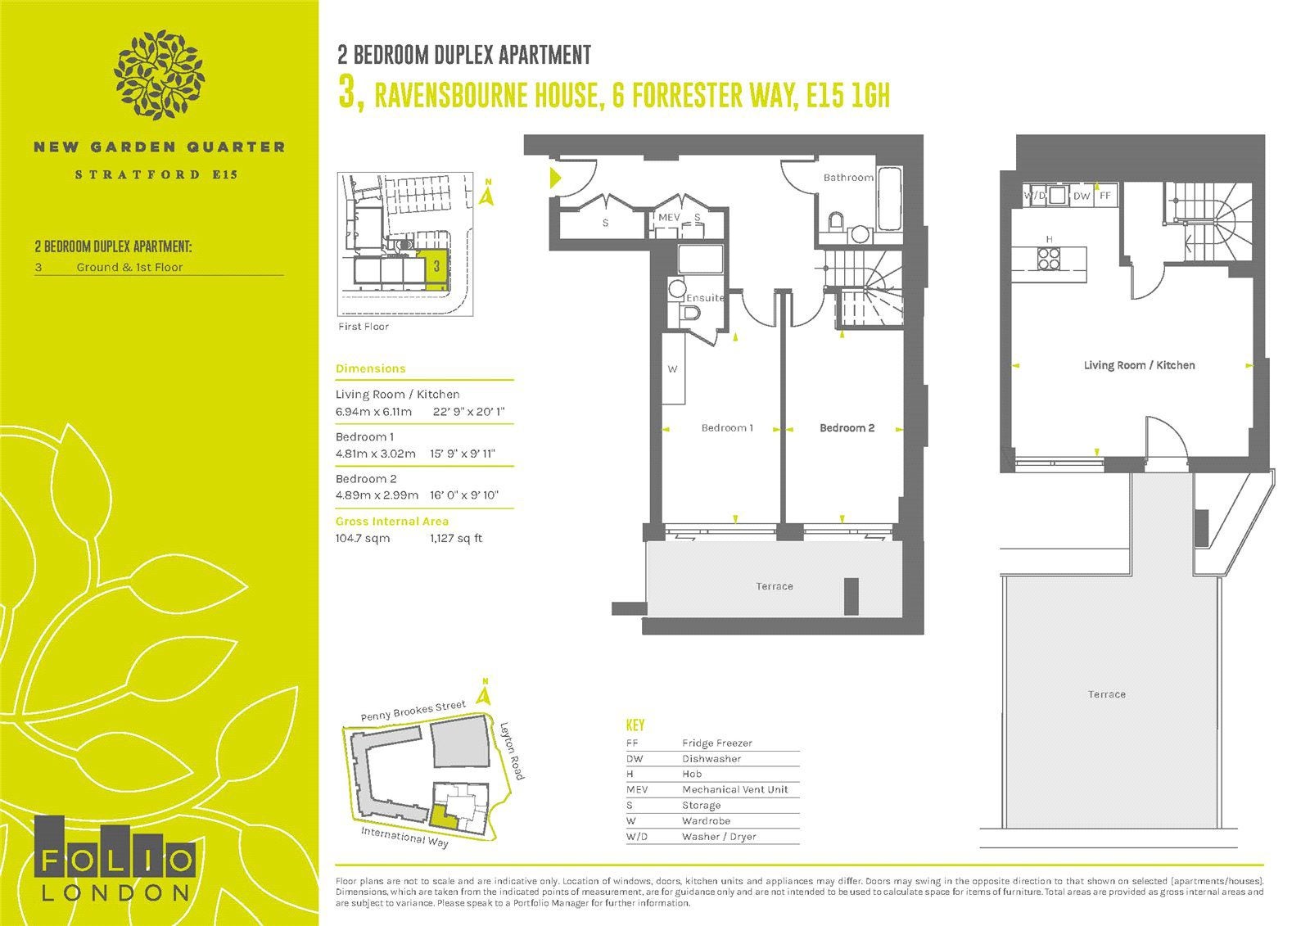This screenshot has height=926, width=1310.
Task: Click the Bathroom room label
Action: pyautogui.click(x=848, y=177)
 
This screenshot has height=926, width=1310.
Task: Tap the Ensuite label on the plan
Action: pyautogui.click(x=705, y=298)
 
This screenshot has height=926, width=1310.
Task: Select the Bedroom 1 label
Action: pyautogui.click(x=727, y=427)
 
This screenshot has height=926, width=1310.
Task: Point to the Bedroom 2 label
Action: pyautogui.click(x=847, y=427)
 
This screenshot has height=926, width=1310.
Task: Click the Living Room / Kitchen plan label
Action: pyautogui.click(x=1139, y=365)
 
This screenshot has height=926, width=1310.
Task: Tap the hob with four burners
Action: pyautogui.click(x=1049, y=258)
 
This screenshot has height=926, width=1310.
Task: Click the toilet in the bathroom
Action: pyautogui.click(x=836, y=221)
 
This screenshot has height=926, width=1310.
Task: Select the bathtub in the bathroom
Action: pyautogui.click(x=890, y=199)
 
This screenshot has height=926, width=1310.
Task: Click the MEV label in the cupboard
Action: pyautogui.click(x=669, y=217)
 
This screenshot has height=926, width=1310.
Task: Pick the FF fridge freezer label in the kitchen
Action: pyautogui.click(x=1104, y=196)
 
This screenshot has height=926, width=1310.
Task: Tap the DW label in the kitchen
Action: pyautogui.click(x=1082, y=196)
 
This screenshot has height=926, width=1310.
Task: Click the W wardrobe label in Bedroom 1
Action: pyautogui.click(x=672, y=369)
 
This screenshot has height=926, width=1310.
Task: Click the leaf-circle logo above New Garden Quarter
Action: pyautogui.click(x=159, y=75)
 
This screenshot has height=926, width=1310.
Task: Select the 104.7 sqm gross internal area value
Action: pyautogui.click(x=363, y=538)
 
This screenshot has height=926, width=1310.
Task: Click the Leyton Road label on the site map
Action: pyautogui.click(x=512, y=751)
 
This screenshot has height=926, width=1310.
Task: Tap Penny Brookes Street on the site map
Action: pyautogui.click(x=413, y=711)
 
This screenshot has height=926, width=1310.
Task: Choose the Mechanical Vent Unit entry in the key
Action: pyautogui.click(x=735, y=789)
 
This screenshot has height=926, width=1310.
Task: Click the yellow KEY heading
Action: pyautogui.click(x=635, y=725)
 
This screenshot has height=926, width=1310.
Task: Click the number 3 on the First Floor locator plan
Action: pyautogui.click(x=436, y=267)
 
